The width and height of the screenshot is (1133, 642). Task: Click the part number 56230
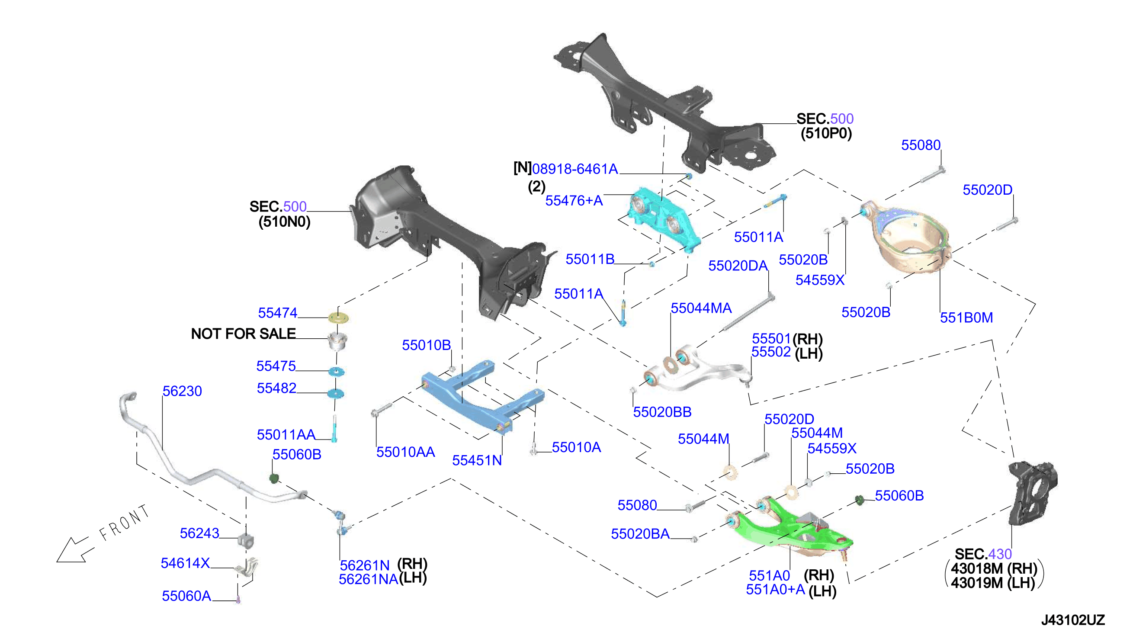(182, 391)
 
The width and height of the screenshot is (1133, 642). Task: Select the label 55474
(278, 313)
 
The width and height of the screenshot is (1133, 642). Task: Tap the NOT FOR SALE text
(244, 334)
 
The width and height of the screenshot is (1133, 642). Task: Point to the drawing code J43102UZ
(1072, 620)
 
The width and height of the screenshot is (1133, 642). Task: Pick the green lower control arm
(789, 527)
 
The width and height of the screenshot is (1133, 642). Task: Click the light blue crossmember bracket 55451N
(483, 397)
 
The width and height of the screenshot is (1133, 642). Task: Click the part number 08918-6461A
(575, 169)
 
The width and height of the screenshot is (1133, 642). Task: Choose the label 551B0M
(966, 318)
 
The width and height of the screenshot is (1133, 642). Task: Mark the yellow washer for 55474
(339, 318)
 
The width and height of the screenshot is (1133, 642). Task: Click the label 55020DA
(738, 266)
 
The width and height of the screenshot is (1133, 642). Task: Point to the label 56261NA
(369, 579)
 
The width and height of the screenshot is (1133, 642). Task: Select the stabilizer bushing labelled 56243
(246, 540)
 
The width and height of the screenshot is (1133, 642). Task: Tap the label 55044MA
(701, 308)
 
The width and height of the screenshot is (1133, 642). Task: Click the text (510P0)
(826, 133)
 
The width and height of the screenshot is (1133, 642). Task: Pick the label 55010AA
(406, 452)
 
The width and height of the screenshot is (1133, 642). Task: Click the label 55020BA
(640, 534)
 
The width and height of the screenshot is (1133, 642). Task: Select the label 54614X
(185, 563)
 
